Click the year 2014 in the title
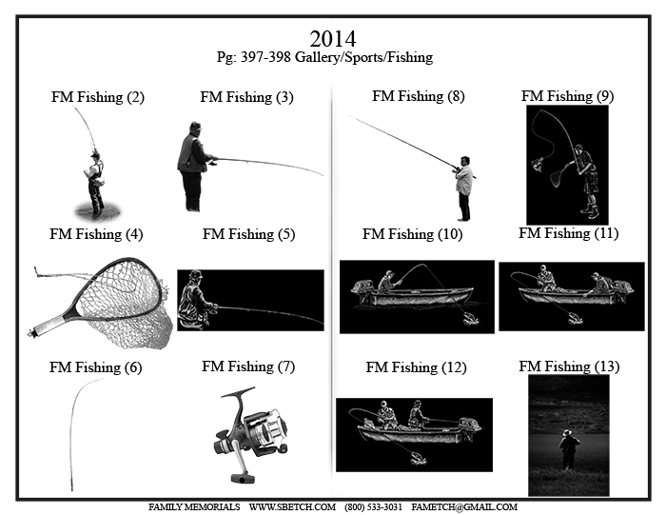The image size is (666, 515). click(333, 39)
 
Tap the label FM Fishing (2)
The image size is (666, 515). click(98, 97)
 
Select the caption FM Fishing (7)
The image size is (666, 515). click(248, 366)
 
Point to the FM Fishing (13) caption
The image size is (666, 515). click(569, 366)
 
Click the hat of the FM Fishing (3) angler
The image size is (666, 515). click(195, 127)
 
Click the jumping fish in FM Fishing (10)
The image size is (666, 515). click(470, 319)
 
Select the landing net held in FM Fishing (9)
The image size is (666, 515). click(559, 175)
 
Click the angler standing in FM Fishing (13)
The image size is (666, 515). click(568, 449)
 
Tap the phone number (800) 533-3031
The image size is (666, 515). click(373, 507)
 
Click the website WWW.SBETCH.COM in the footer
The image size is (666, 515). click(292, 507)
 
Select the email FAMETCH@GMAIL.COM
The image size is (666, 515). click(464, 507)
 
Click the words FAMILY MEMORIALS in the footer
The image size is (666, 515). click(194, 507)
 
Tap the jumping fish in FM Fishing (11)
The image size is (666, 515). click(574, 317)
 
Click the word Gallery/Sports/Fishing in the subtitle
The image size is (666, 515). click(363, 57)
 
